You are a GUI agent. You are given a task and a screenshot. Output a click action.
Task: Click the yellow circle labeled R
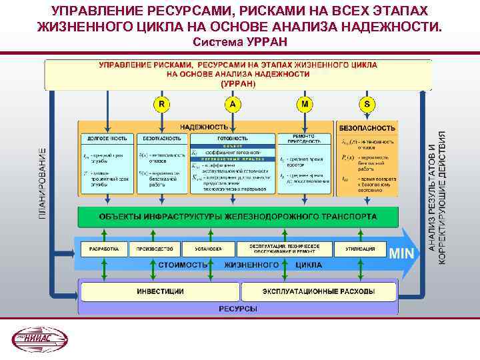pyautogui.click(x=162, y=105)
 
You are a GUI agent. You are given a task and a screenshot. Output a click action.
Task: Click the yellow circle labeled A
pyautogui.click(x=232, y=105)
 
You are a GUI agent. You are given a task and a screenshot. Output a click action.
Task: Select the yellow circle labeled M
pyautogui.click(x=305, y=105)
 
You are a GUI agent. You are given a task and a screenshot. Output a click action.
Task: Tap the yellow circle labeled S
pyautogui.click(x=368, y=105)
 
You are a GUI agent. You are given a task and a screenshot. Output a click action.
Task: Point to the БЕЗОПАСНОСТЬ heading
pyautogui.click(x=367, y=127)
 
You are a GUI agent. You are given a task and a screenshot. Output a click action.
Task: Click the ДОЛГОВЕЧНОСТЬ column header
pyautogui.click(x=105, y=139)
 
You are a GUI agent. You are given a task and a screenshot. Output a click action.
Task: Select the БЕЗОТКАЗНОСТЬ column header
pyautogui.click(x=162, y=139)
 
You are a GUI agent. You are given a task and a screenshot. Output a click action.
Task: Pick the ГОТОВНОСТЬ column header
pyautogui.click(x=232, y=139)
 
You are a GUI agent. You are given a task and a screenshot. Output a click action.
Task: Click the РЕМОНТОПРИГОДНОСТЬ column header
pyautogui.click(x=304, y=139)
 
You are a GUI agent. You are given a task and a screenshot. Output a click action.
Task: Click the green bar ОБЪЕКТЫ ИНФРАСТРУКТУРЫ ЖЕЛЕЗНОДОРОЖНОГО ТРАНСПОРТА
pyautogui.click(x=238, y=217)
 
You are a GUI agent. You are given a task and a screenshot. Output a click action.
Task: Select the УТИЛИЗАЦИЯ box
pyautogui.click(x=359, y=249)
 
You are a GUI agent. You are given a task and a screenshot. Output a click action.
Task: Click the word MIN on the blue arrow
pyautogui.click(x=401, y=253)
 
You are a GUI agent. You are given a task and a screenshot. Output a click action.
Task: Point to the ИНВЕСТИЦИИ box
pyautogui.click(x=160, y=291)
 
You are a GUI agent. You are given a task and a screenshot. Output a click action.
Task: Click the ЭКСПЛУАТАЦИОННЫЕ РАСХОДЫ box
pyautogui.click(x=318, y=291)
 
